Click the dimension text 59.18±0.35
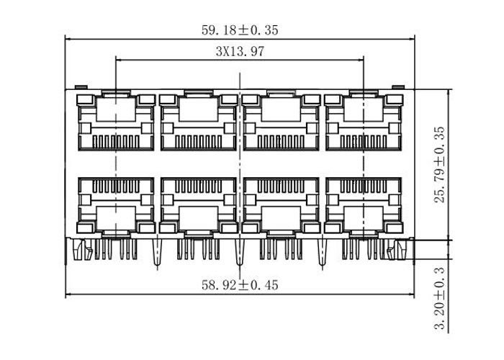[x=240, y=30]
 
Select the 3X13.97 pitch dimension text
[x=240, y=51]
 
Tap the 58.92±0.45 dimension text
[x=240, y=285]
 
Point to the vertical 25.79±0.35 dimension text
[x=439, y=164]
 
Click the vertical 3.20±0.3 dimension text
[x=439, y=298]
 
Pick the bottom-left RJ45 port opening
[x=116, y=206]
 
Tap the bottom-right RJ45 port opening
[x=364, y=206]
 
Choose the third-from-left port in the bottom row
[x=282, y=206]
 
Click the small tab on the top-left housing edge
[x=81, y=87]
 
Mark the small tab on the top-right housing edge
[x=399, y=87]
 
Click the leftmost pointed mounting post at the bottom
[x=157, y=252]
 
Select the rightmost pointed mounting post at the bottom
[x=323, y=252]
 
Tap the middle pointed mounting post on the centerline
[x=240, y=252]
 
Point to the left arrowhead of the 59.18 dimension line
[x=68, y=39]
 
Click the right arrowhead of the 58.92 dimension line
[x=411, y=294]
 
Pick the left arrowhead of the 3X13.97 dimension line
[x=119, y=60]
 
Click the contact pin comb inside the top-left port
[x=116, y=141]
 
